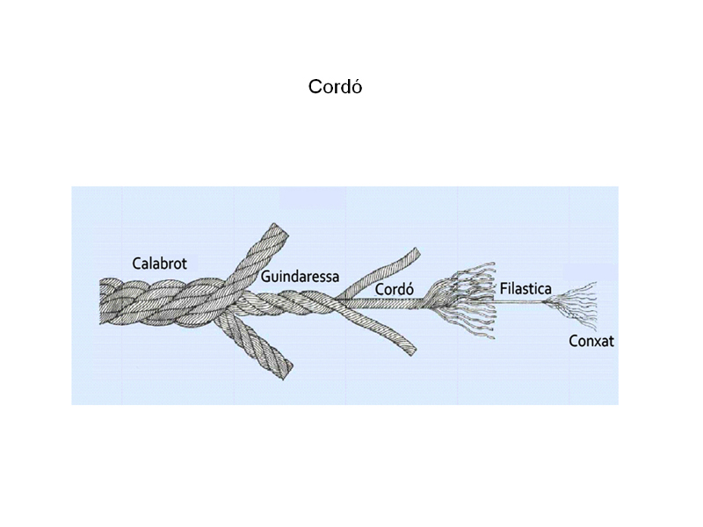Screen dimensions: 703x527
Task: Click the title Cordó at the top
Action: pyautogui.click(x=335, y=86)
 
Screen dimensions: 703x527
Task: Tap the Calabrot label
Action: pyautogui.click(x=159, y=263)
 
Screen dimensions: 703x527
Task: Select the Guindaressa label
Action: pyautogui.click(x=300, y=277)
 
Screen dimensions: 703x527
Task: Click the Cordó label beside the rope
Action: pyautogui.click(x=394, y=289)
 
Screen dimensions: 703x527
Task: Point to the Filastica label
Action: pyautogui.click(x=525, y=288)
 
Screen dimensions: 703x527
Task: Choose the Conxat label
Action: pyautogui.click(x=591, y=341)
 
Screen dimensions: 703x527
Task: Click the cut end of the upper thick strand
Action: pyautogui.click(x=279, y=229)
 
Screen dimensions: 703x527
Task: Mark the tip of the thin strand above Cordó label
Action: pyautogui.click(x=417, y=253)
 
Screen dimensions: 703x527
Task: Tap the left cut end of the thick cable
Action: pyautogui.click(x=100, y=300)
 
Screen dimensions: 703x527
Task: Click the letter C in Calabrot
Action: pyautogui.click(x=136, y=263)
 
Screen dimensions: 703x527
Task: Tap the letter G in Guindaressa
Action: pyautogui.click(x=265, y=277)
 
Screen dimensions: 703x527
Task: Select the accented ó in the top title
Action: pyautogui.click(x=357, y=86)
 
